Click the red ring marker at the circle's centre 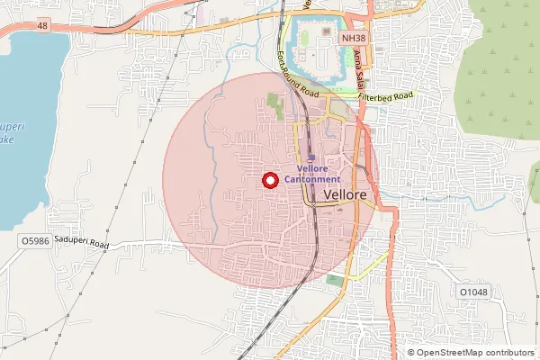click(x=268, y=180)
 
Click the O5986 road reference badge click(x=34, y=242)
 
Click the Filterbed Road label click(x=384, y=95)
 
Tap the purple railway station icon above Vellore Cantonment click(x=311, y=157)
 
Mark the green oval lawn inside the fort click(x=304, y=38)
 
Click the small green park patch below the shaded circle click(x=335, y=281)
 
